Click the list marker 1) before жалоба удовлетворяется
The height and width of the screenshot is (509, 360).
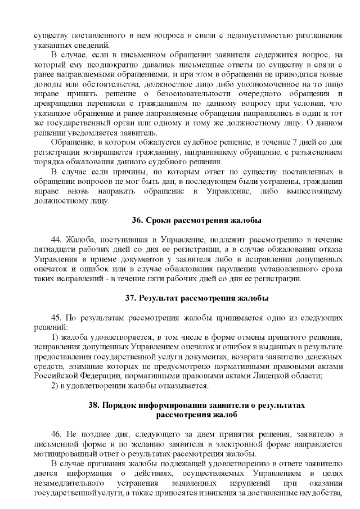tap(55, 337)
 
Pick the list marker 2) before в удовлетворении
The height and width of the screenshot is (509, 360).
tap(55, 386)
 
